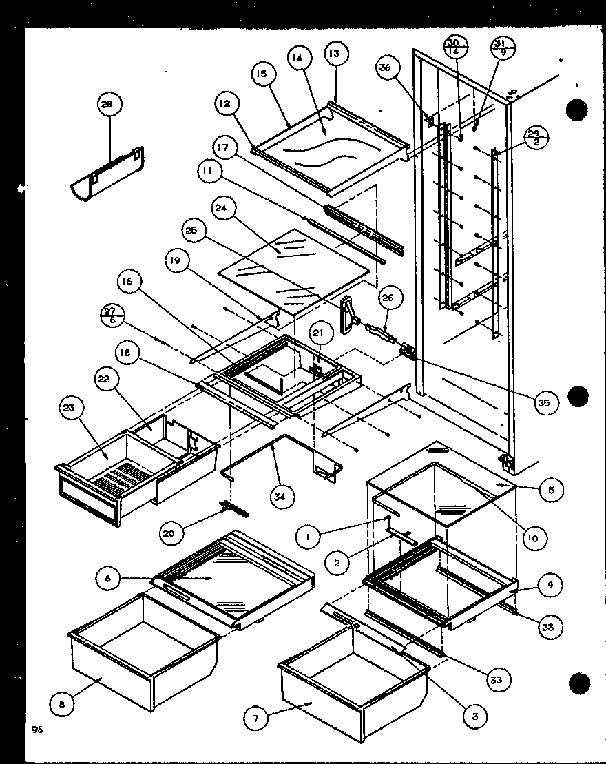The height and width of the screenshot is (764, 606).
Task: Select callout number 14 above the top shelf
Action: click(297, 59)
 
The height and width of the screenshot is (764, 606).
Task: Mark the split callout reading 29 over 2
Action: click(534, 137)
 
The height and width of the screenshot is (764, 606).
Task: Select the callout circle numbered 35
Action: click(544, 403)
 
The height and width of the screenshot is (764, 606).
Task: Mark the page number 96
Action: click(36, 730)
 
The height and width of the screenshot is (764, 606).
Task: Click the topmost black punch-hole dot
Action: click(577, 110)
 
